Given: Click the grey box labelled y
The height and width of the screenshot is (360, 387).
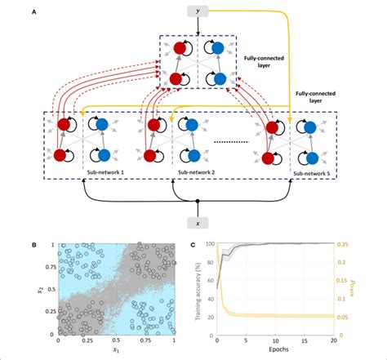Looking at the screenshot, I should [x=198, y=11].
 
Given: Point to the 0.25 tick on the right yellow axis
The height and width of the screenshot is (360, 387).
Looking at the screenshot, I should [x=344, y=244].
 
